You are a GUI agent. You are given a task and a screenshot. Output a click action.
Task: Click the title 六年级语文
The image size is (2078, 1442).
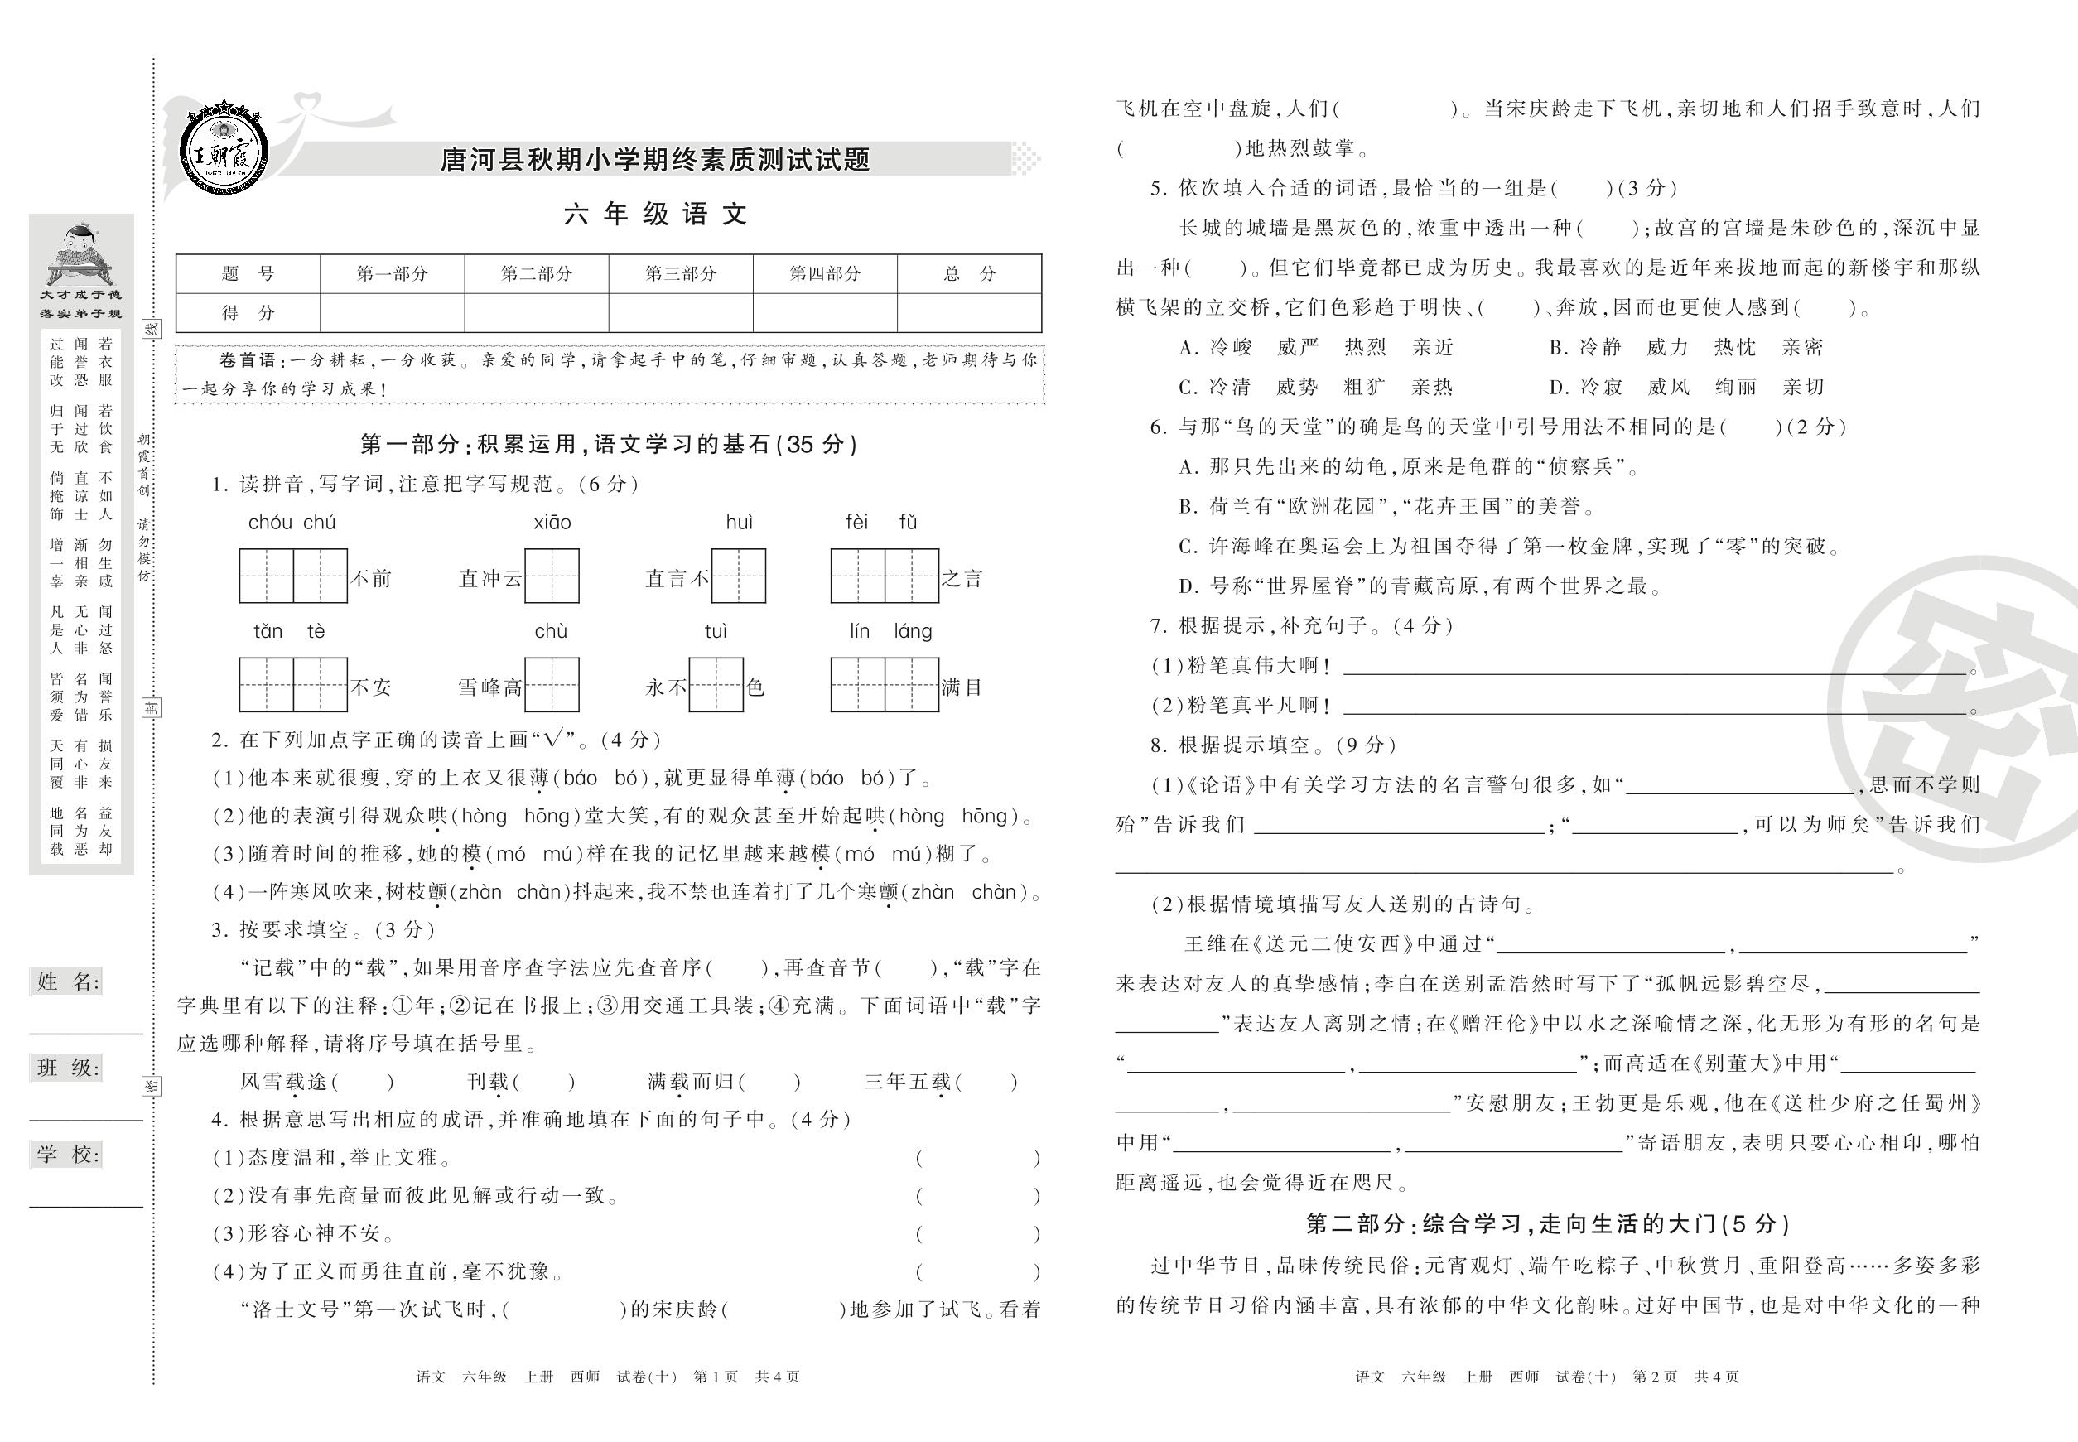[x=656, y=215]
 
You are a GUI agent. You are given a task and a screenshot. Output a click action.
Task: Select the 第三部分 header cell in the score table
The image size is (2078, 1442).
[x=680, y=274]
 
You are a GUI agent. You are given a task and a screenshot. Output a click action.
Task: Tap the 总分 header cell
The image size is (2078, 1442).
[x=968, y=274]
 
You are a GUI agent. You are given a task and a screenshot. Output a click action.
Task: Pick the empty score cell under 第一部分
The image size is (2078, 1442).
[x=391, y=312]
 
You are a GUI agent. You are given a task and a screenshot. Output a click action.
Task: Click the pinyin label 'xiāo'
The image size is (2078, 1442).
[x=552, y=523]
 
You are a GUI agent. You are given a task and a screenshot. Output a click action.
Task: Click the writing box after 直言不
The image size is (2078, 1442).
[x=738, y=576]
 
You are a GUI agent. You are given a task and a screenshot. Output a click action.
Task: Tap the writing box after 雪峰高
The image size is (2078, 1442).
[x=552, y=685]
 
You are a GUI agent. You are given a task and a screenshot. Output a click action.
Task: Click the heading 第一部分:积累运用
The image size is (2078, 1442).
[x=609, y=444]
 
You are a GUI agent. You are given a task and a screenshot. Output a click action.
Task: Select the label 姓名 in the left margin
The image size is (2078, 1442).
[x=69, y=982]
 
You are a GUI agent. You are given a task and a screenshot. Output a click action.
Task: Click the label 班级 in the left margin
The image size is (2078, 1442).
[x=69, y=1068]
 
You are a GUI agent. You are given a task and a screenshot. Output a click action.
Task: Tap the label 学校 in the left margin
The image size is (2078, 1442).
[x=69, y=1154]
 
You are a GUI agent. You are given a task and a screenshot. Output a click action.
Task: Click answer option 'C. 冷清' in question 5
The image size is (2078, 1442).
[x=1215, y=388]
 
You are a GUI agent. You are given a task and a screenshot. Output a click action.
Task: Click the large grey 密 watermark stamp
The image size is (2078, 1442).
[x=1970, y=714]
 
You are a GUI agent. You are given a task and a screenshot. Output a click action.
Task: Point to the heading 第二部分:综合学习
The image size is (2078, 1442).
[x=1548, y=1224]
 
